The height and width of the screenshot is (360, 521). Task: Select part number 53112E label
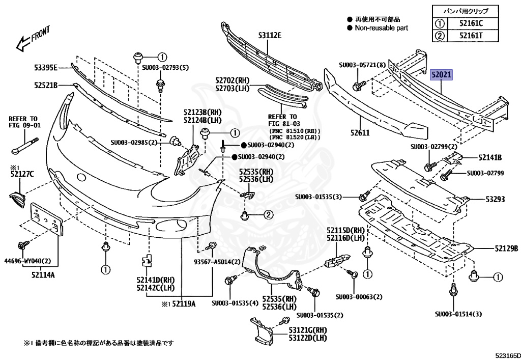[x=269, y=35]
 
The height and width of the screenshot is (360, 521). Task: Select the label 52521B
[x=46, y=85]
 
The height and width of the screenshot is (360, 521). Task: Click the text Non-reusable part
[x=381, y=28]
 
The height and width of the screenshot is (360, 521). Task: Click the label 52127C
[x=21, y=175]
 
